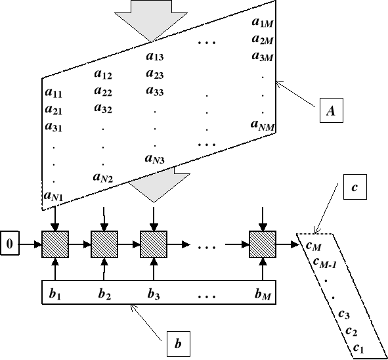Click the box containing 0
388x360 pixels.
(9, 244)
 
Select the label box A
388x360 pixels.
(332, 112)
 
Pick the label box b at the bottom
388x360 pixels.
(178, 343)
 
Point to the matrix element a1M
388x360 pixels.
(263, 23)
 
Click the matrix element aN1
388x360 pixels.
(53, 194)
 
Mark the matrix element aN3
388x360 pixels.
(155, 159)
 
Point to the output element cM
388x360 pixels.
(313, 245)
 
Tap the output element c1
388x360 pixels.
(359, 347)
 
